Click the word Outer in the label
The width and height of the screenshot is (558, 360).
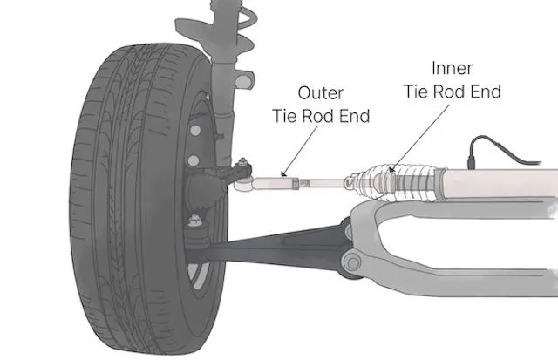coord(318,91)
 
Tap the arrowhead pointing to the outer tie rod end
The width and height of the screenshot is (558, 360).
coord(283,173)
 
